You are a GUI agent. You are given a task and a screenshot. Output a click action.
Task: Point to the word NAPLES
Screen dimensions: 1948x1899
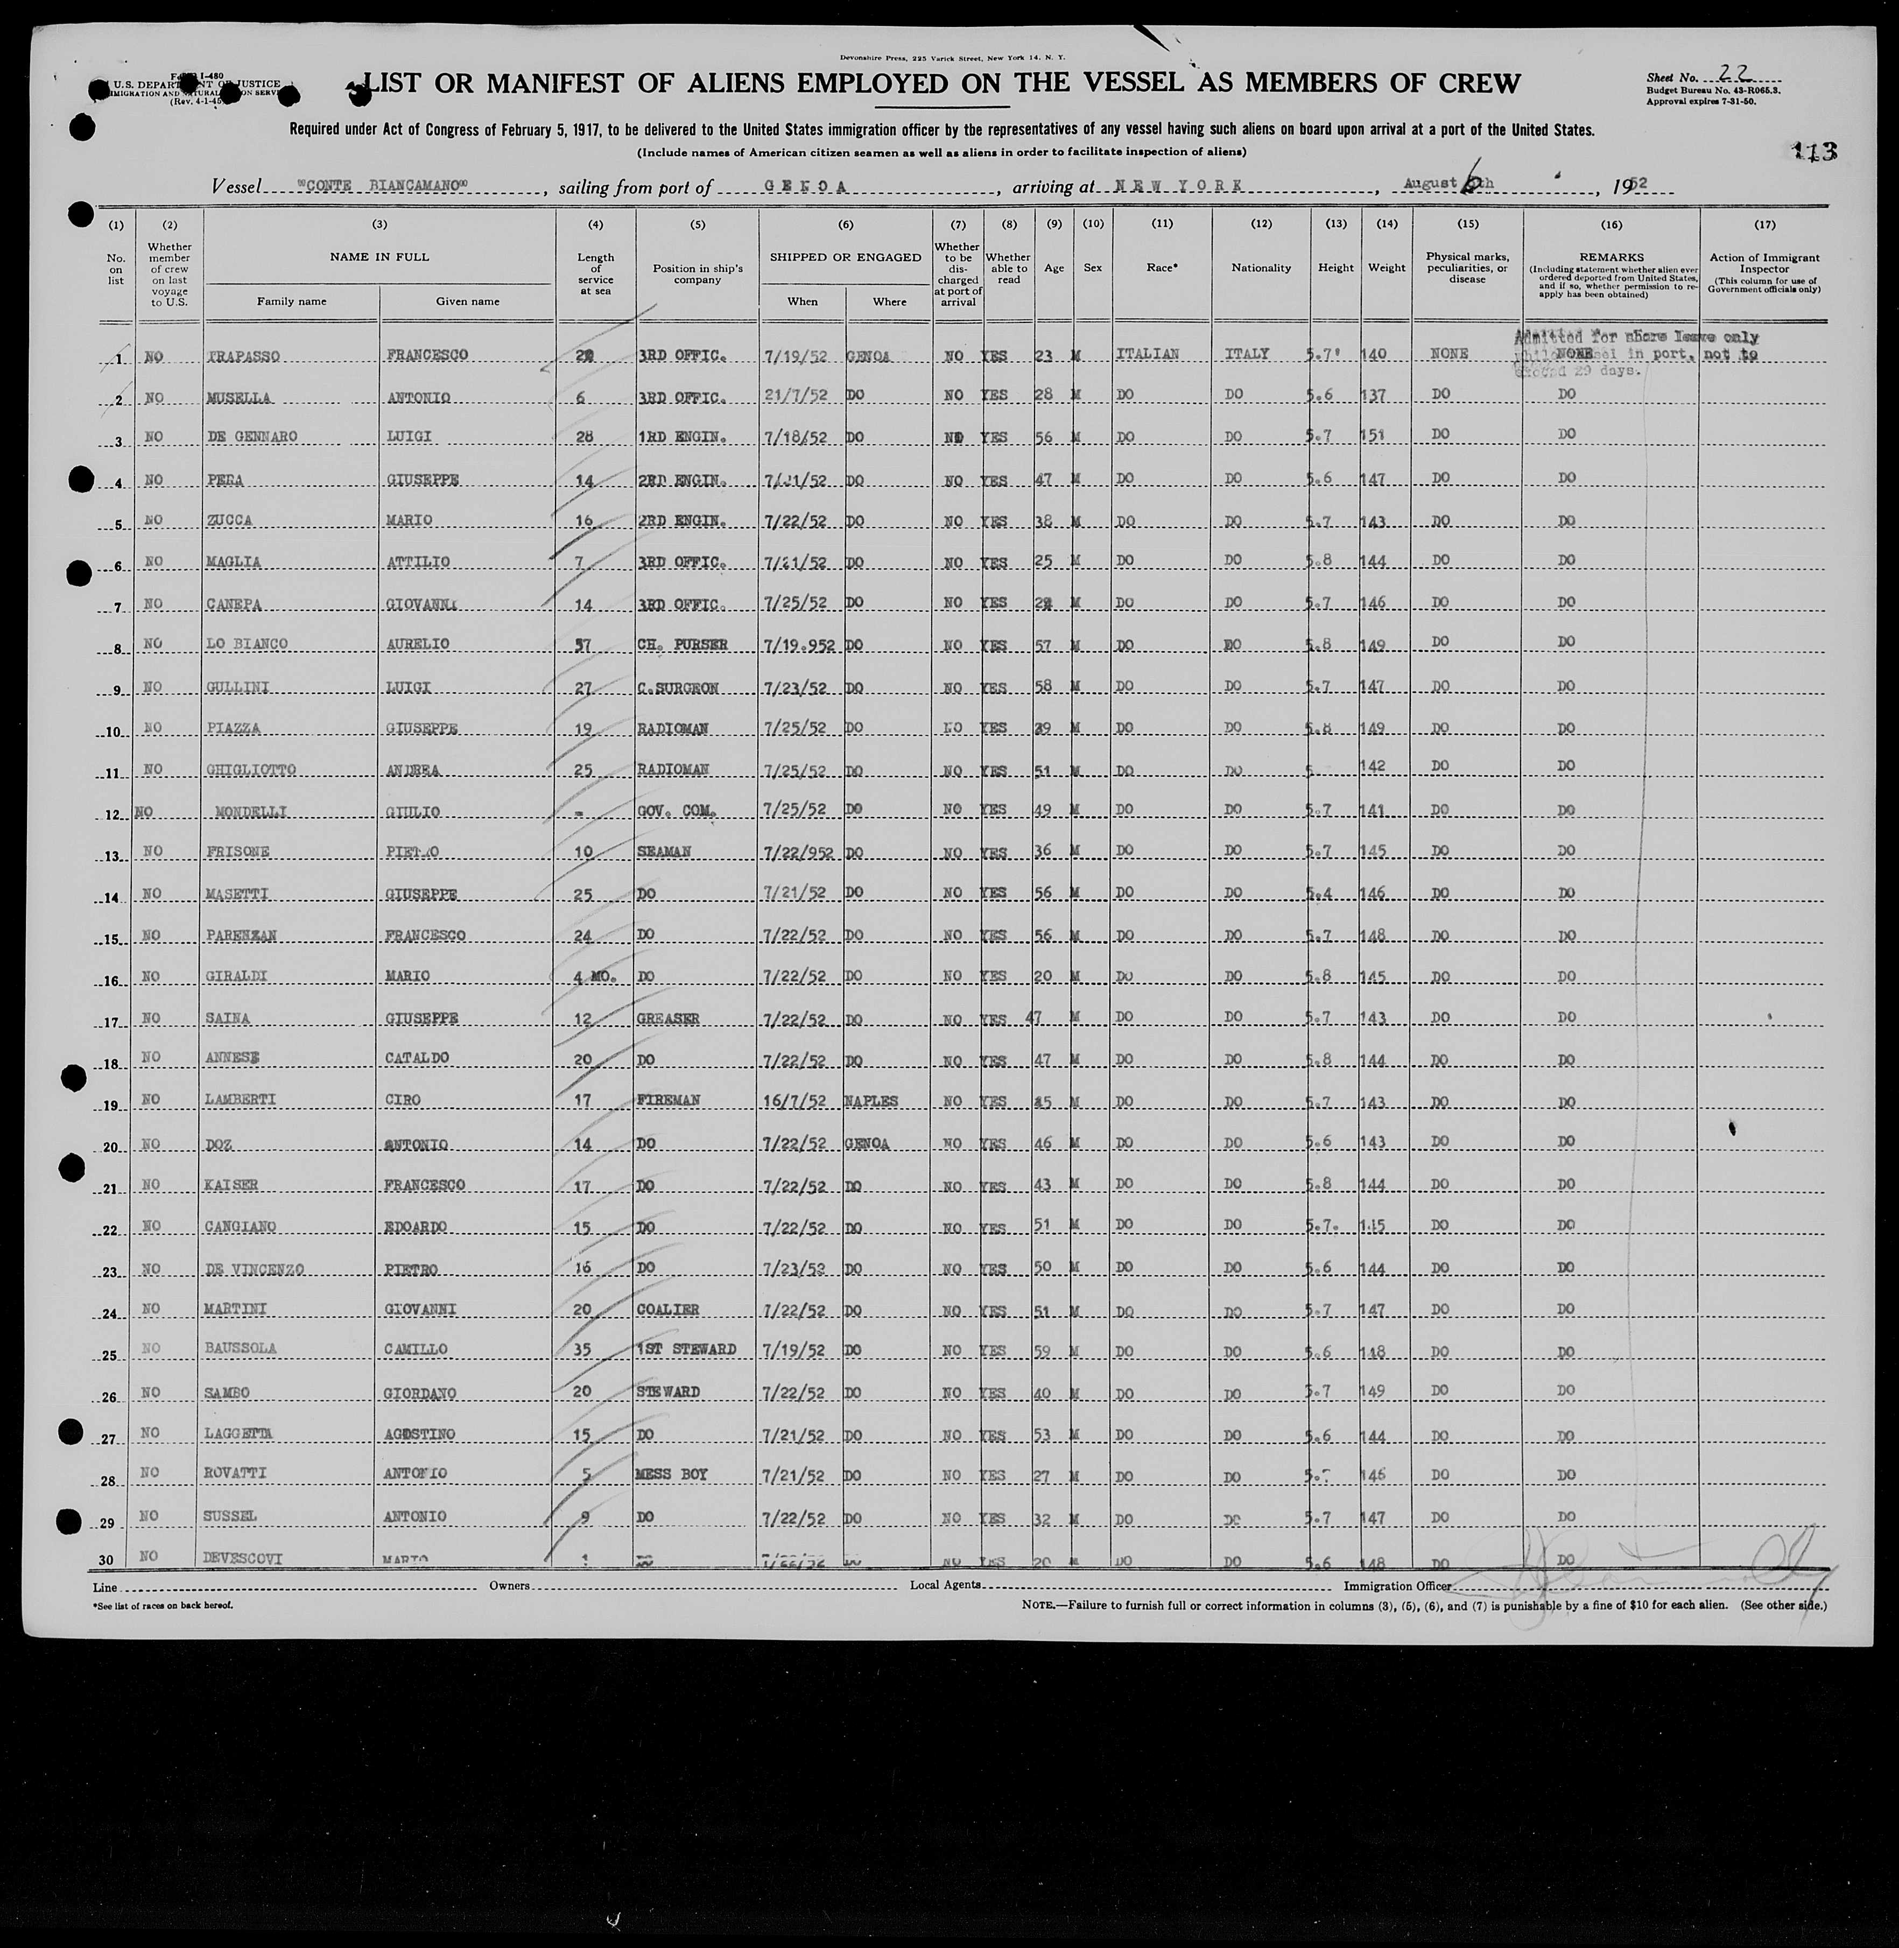point(871,1101)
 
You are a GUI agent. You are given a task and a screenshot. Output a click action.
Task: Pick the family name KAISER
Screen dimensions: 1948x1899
point(233,1185)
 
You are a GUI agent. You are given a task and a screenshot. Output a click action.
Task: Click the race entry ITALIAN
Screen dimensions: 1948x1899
point(1148,354)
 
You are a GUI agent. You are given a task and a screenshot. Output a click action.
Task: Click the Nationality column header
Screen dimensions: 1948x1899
point(1261,268)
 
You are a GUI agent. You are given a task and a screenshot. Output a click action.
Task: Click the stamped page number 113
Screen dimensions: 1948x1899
point(1813,152)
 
